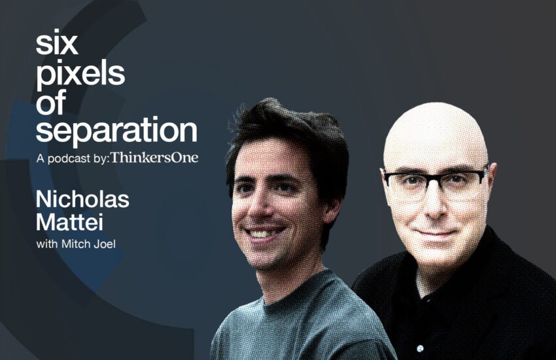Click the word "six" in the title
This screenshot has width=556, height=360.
click(x=56, y=44)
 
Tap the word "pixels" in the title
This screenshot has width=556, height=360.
click(x=80, y=75)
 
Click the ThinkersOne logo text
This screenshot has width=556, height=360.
click(x=154, y=158)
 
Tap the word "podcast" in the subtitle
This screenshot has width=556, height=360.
click(x=69, y=158)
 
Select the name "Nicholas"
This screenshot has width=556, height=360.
click(x=82, y=200)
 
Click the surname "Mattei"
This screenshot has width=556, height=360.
click(x=69, y=223)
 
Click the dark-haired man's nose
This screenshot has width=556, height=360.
click(x=257, y=209)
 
